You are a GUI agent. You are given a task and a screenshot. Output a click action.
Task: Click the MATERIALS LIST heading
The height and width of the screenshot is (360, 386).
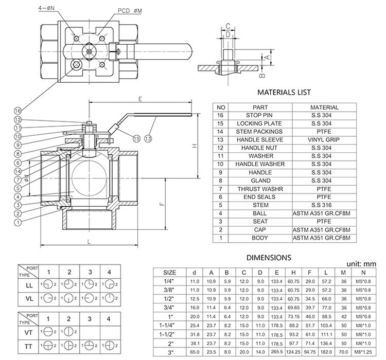pos(284,93)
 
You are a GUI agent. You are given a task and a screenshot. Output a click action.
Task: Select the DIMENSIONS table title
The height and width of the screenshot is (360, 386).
pos(268,257)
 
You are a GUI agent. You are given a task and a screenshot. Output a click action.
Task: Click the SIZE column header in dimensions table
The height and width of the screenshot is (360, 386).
pos(170,273)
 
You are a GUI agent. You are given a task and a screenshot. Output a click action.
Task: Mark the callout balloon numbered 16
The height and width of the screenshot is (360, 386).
pos(18,111)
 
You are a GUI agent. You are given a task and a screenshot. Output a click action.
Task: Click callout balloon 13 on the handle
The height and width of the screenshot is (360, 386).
pos(148,138)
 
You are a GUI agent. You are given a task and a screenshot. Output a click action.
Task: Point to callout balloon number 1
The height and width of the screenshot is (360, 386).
pos(18,223)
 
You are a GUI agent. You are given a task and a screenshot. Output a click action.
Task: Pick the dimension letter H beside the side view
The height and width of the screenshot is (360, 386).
pos(195,146)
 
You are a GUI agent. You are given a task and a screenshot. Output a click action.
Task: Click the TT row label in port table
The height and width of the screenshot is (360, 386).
pos(29,348)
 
